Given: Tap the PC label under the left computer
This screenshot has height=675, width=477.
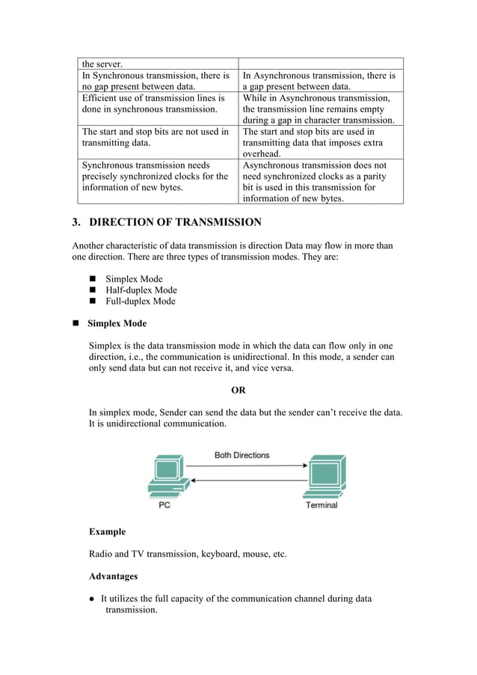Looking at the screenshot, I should tap(164, 505).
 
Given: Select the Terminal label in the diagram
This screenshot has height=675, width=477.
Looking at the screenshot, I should tap(321, 505).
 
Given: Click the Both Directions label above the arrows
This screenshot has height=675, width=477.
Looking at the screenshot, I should tap(241, 455).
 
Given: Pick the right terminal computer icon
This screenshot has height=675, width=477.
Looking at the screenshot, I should tap(323, 478).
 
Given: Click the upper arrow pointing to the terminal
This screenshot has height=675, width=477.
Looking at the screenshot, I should tap(246, 466).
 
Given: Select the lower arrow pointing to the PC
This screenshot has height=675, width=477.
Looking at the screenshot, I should tap(246, 480).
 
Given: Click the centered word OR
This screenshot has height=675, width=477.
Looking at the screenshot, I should tap(238, 390).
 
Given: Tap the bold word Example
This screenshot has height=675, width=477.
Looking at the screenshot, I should tap(107, 532).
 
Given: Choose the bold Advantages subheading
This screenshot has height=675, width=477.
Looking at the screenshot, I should tap(114, 577).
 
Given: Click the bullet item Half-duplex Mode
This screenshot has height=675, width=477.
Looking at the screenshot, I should tap(141, 290).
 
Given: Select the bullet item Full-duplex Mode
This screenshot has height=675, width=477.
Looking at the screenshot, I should tap(141, 302).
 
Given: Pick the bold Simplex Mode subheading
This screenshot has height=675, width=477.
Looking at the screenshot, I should tap(117, 324).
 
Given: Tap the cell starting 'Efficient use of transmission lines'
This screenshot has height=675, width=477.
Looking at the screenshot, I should tap(158, 103).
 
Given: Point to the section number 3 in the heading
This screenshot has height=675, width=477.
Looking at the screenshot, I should tap(76, 222).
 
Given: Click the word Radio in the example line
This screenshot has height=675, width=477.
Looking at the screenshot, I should tap(102, 555).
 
